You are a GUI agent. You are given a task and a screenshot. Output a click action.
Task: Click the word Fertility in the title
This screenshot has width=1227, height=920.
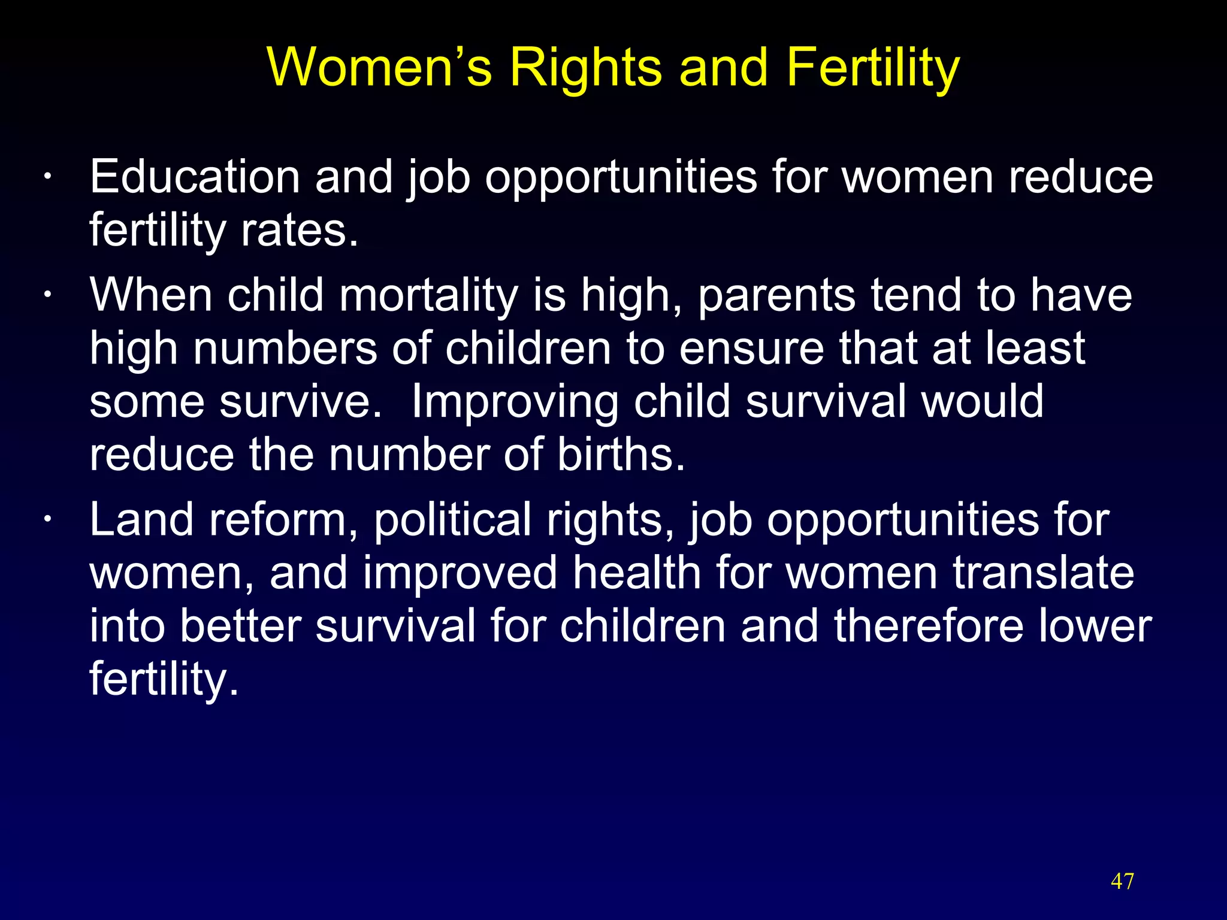pos(873,67)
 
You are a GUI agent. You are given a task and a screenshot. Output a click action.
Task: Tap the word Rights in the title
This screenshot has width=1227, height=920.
pos(586,67)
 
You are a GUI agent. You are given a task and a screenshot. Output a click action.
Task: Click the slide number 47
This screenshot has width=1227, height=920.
pos(1122,881)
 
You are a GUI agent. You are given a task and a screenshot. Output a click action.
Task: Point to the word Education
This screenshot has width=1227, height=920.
pos(195,177)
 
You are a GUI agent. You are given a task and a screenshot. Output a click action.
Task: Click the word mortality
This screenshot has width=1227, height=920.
pos(428,296)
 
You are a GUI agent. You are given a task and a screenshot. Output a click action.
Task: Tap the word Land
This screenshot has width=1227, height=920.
pos(141,520)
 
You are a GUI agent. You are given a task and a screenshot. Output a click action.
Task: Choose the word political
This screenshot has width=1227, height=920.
pos(452,520)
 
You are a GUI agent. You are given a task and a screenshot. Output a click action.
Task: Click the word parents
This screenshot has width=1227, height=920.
pos(776,296)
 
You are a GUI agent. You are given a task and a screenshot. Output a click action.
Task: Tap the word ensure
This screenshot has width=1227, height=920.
pos(751,349)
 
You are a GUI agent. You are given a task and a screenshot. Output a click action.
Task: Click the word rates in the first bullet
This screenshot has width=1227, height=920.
pos(299,231)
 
